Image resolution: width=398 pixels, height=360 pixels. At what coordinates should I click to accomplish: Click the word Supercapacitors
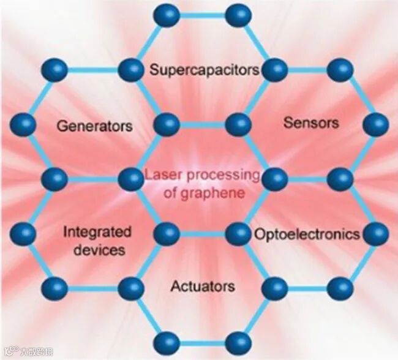coord(205,70)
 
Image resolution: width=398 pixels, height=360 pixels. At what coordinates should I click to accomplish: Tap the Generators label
coord(94,126)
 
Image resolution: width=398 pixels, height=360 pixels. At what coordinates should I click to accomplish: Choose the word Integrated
coord(97,232)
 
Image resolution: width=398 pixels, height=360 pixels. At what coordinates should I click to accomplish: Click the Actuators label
coord(202,286)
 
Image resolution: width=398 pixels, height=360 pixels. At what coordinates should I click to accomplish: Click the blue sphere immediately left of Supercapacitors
coord(130,69)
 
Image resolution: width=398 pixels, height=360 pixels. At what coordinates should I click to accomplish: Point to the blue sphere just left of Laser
coord(130,179)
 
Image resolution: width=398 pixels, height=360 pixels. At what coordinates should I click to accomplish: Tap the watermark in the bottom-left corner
coord(27,352)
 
